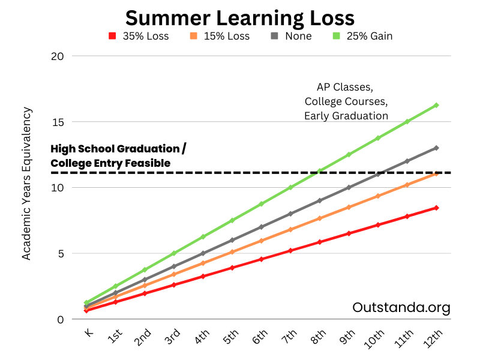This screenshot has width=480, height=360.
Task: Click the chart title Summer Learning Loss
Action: [x=239, y=16]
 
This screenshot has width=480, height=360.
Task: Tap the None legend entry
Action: [x=292, y=36]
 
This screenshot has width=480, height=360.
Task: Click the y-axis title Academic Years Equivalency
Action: [x=26, y=184]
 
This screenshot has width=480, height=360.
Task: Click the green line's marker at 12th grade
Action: [x=436, y=105]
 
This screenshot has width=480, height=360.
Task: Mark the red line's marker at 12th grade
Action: [x=436, y=208]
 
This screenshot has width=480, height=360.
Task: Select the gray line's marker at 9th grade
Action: [x=349, y=187]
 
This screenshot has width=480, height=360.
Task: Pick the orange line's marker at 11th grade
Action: [x=407, y=185]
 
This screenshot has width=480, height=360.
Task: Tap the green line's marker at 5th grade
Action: [x=232, y=220]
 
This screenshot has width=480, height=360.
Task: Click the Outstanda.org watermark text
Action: [x=401, y=308]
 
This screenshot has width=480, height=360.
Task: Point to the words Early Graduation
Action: [x=346, y=116]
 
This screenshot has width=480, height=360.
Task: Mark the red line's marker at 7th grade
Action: [x=290, y=250]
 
